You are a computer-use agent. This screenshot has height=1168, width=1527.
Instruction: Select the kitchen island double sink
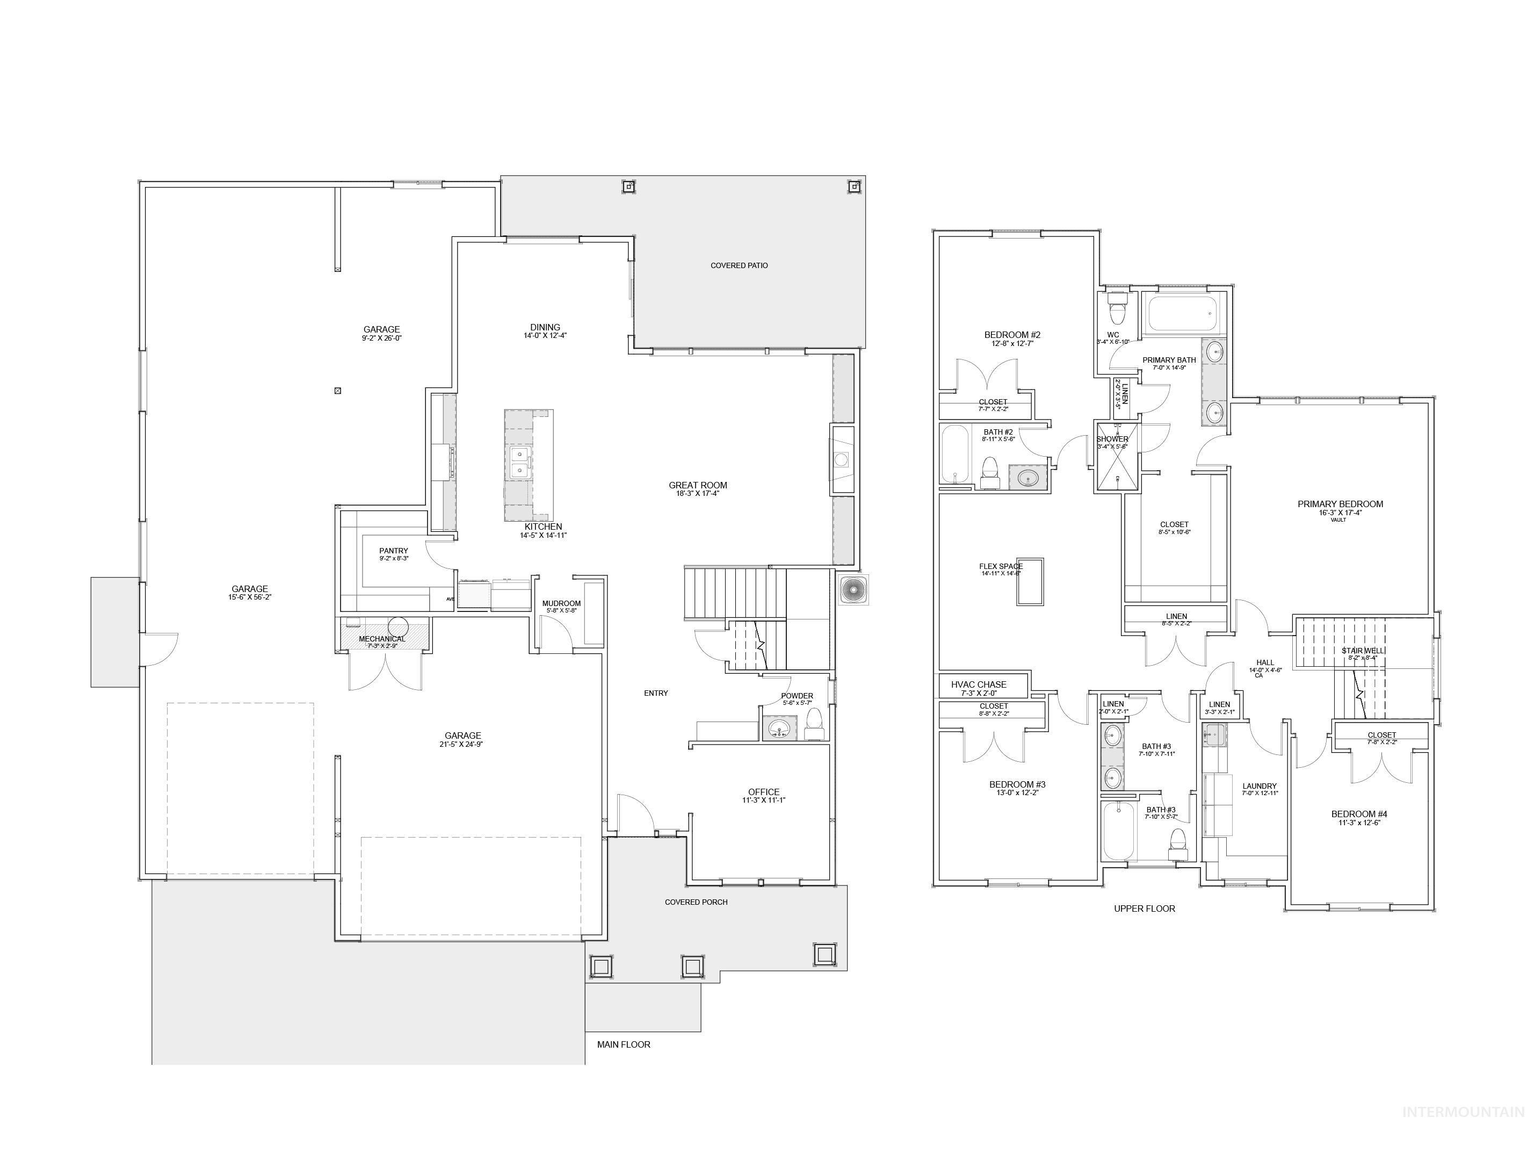[520, 463]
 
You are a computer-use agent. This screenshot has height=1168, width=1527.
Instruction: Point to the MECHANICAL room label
[381, 639]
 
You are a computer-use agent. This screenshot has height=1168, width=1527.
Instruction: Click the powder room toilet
[813, 724]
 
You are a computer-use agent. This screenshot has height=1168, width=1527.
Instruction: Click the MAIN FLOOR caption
[624, 1044]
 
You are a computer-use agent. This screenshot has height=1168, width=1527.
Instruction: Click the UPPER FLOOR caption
[1144, 908]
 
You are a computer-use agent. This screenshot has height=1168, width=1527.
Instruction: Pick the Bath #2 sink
[1028, 478]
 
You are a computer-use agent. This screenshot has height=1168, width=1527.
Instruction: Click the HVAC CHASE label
[979, 685]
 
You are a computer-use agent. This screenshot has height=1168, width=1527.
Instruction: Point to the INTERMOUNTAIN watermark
[1463, 1112]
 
